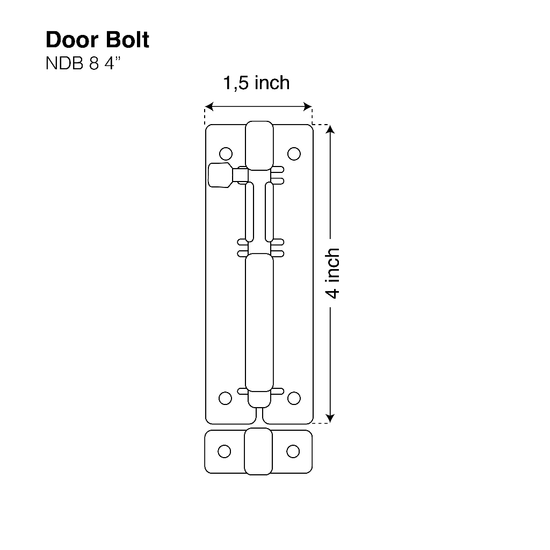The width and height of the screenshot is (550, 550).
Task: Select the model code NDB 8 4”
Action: [83, 63]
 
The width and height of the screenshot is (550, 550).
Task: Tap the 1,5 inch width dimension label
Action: [256, 83]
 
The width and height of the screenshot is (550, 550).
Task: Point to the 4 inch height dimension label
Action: [333, 273]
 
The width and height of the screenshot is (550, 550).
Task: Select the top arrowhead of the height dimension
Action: [331, 131]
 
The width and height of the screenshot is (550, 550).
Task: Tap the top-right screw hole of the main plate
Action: [293, 154]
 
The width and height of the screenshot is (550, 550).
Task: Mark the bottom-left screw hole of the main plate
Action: [226, 398]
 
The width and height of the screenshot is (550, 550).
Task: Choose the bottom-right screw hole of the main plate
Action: [293, 398]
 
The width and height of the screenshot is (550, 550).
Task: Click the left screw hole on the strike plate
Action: [225, 451]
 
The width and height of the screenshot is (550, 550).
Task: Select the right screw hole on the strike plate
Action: [293, 451]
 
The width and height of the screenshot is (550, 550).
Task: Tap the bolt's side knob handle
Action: [219, 175]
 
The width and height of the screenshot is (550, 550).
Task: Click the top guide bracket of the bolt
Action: [259, 146]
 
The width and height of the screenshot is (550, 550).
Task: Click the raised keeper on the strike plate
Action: [258, 451]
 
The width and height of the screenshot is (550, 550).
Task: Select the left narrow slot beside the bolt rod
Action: [250, 212]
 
